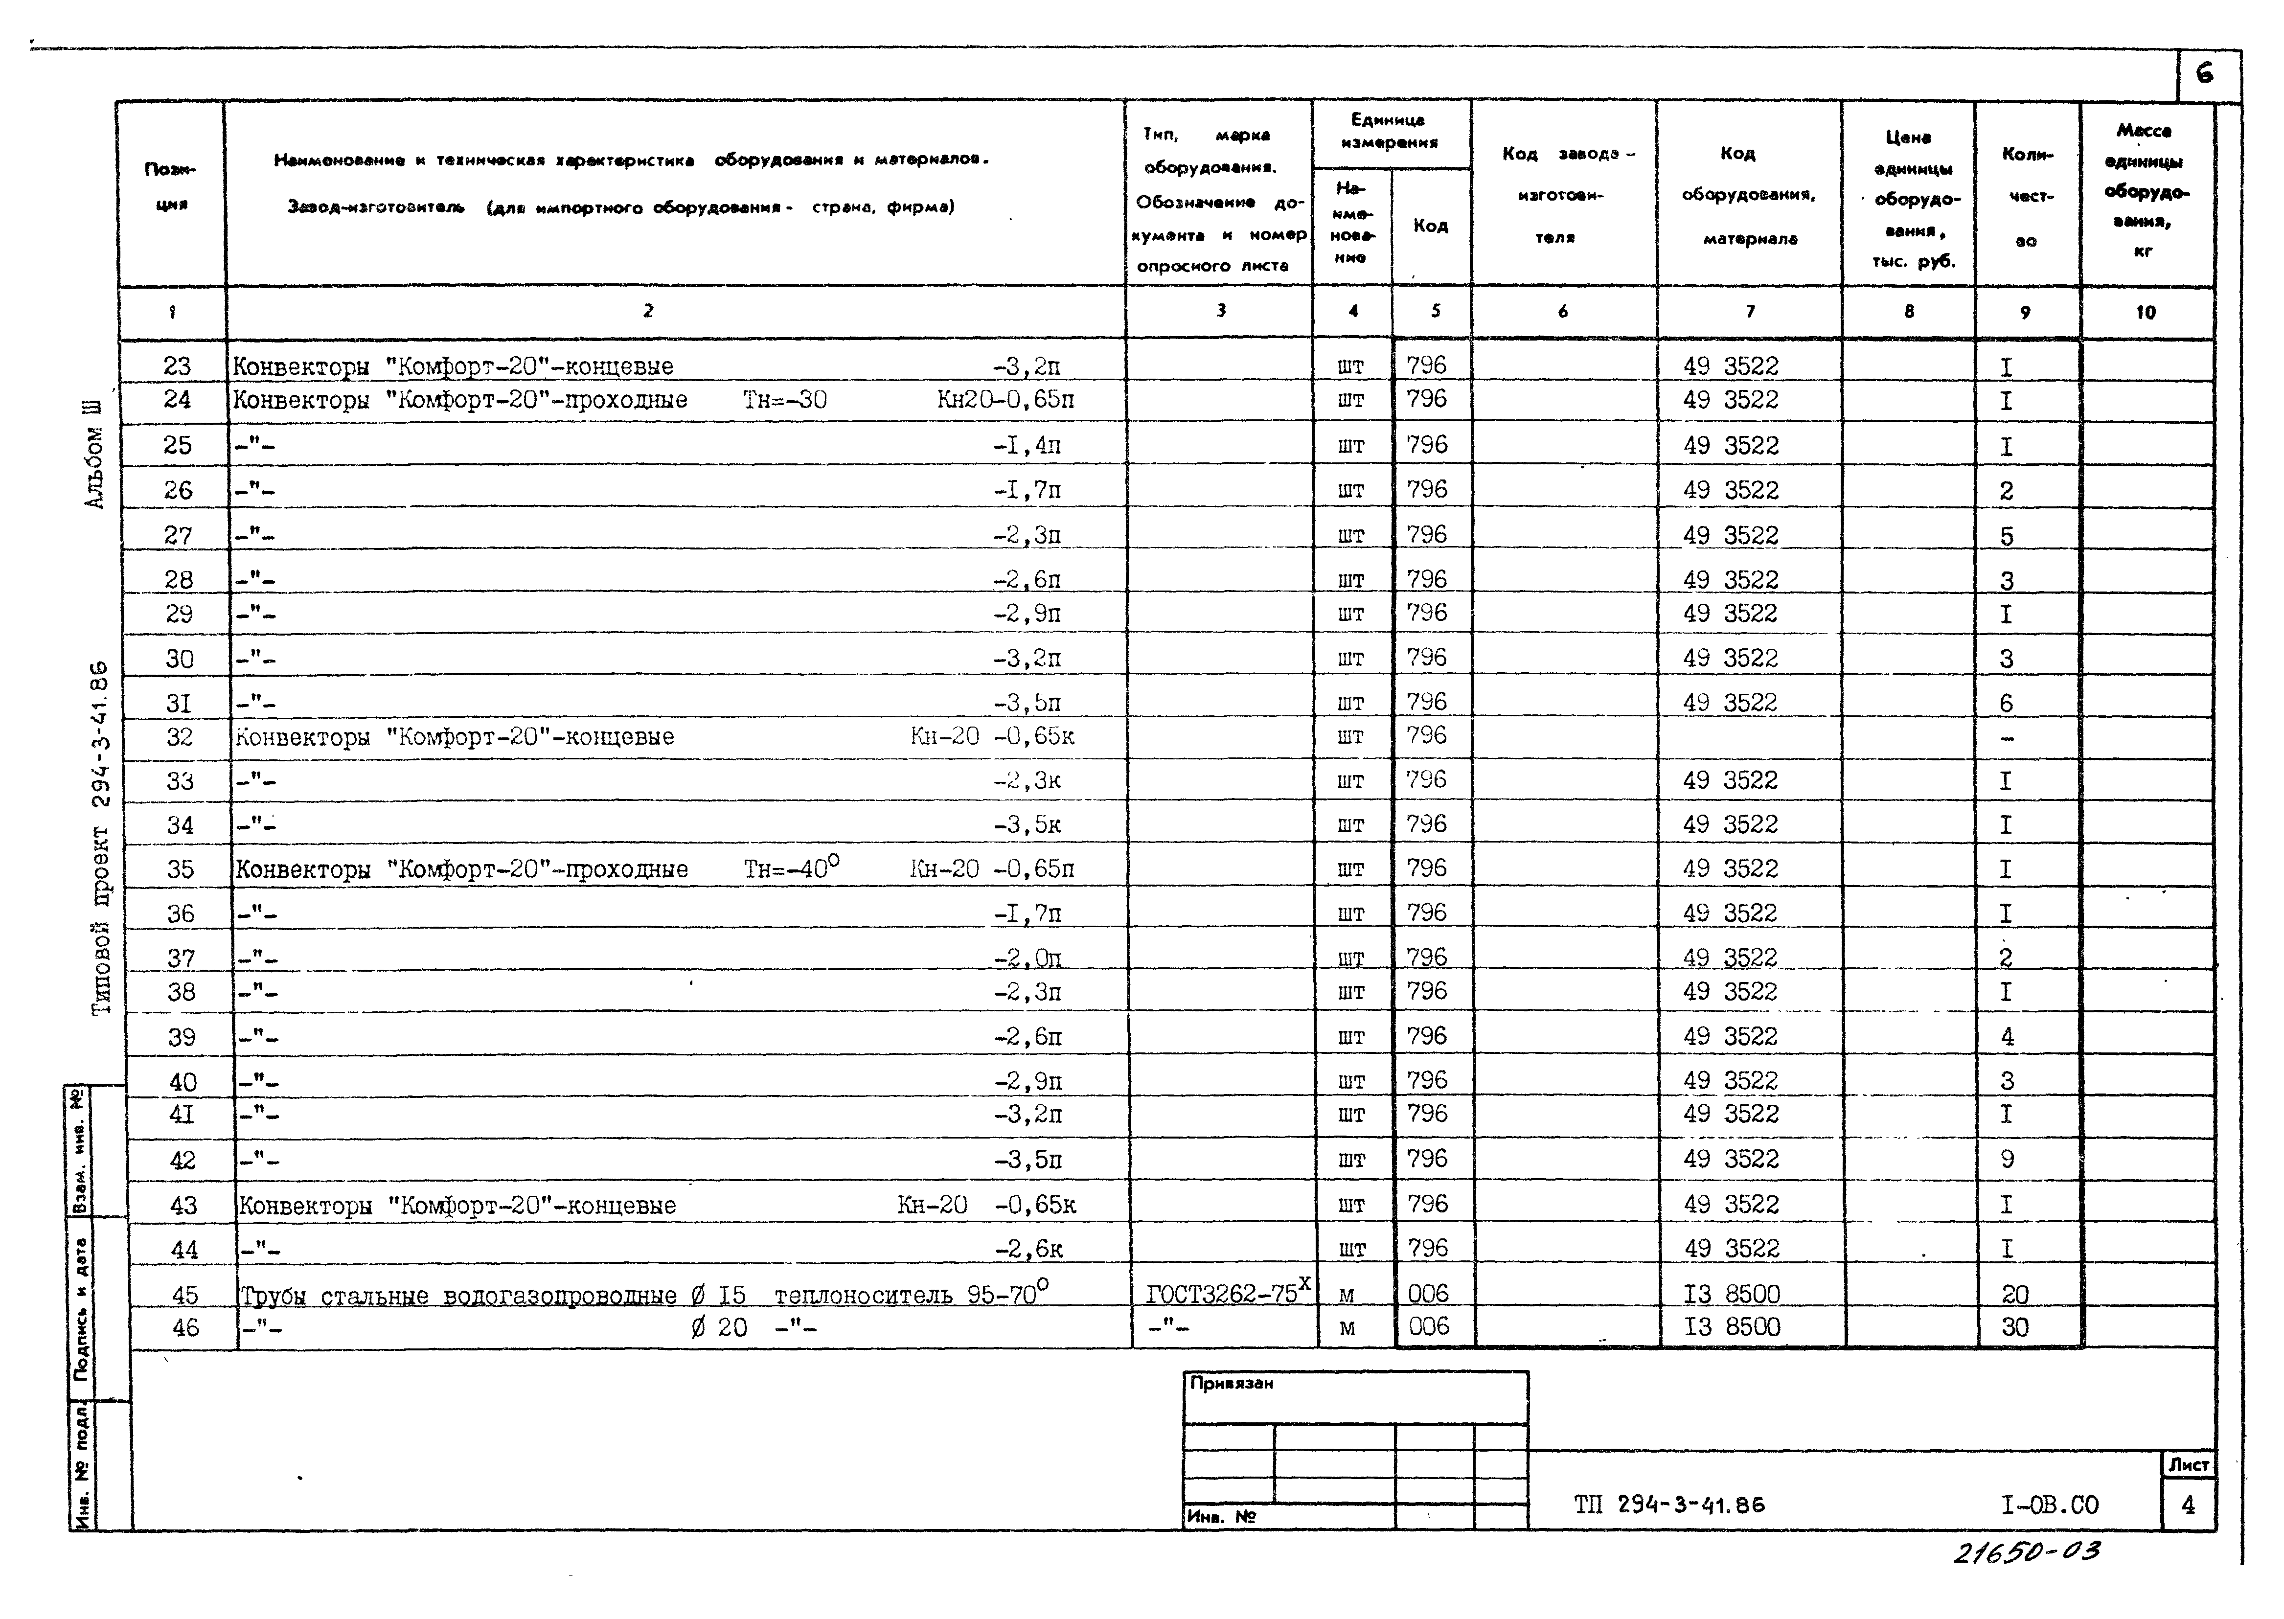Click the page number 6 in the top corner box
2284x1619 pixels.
2204,74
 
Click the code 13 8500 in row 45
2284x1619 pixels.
1732,1294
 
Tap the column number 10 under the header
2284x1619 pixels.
2146,312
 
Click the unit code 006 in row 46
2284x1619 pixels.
1429,1327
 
